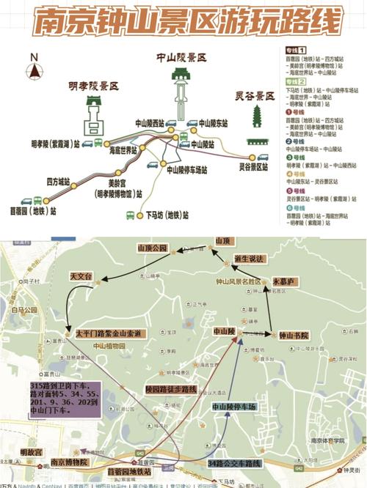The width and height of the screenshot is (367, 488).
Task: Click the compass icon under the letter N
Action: pos(34,71)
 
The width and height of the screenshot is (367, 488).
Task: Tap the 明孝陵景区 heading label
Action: pos(92,85)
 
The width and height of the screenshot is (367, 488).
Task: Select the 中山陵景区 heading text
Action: pos(181,56)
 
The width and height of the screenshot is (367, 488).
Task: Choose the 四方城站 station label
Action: pos(58,181)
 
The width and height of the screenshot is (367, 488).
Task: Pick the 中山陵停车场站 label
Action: pos(187,170)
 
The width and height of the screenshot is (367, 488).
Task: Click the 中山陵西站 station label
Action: pos(150,124)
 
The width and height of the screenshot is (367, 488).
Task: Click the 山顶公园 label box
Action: pos(153,248)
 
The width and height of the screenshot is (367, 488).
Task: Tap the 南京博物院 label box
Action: pos(69,462)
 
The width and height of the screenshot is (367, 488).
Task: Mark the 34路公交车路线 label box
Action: pos(235,463)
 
